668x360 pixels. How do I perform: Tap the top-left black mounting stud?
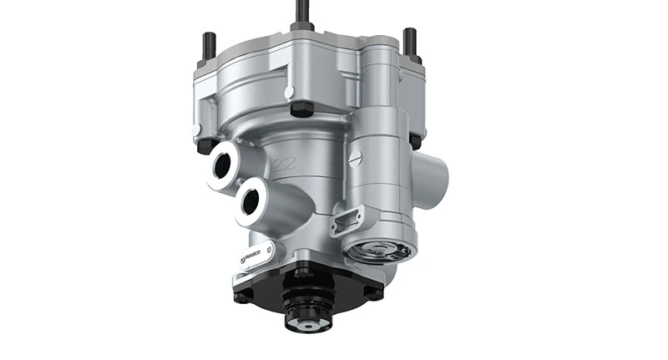tap(209, 46)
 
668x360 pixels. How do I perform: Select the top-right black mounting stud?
tap(409, 42)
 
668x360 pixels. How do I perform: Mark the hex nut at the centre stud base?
tap(302, 26)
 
